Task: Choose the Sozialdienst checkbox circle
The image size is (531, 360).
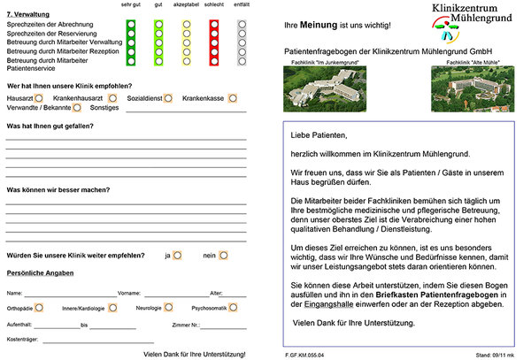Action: [170, 97]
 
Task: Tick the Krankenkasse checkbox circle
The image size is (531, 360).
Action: [232, 97]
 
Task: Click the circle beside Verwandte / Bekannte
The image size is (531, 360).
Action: [77, 107]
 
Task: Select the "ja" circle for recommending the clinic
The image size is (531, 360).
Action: [178, 255]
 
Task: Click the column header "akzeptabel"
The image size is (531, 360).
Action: [186, 6]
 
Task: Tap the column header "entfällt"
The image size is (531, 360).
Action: [242, 6]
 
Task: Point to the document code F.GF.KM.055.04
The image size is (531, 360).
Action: [305, 354]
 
